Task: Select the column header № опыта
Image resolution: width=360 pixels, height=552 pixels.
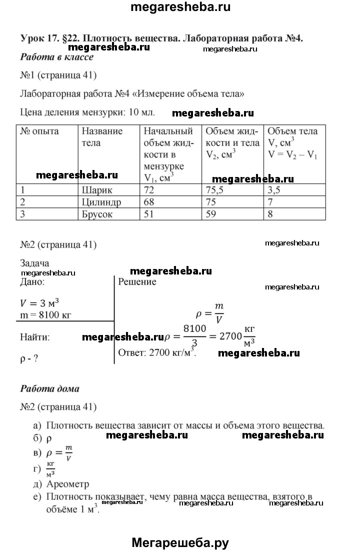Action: (x=39, y=131)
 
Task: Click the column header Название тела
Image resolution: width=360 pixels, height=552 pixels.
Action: (x=101, y=137)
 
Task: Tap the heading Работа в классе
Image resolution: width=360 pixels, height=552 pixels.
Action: (x=57, y=57)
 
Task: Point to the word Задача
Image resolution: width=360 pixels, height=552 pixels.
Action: (x=35, y=263)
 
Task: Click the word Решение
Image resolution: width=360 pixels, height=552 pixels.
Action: (x=137, y=282)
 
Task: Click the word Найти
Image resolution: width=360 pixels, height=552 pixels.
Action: (x=35, y=337)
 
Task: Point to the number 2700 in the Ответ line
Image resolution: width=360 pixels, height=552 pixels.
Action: (x=157, y=352)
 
